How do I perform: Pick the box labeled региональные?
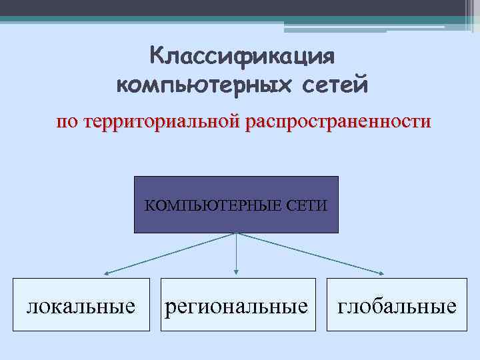pos(236,305)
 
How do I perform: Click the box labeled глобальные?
pos(397,305)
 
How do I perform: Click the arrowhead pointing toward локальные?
pos(106,272)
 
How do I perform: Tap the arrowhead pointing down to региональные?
pos(236,271)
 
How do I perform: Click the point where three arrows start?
pos(236,233)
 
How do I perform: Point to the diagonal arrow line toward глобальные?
pos(310,253)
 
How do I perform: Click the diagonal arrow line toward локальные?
pos(170,253)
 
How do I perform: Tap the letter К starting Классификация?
pos(157,57)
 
